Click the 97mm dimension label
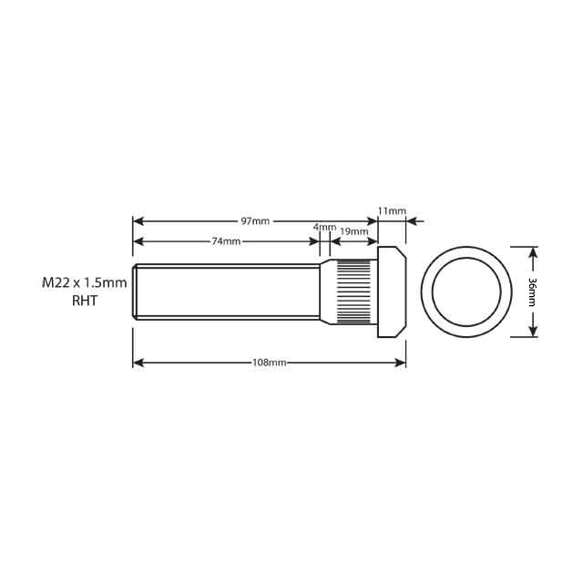pos(255,221)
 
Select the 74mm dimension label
pos(226,241)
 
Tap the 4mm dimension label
pos(324,227)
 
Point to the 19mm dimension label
pos(354,231)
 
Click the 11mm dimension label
pos(392,211)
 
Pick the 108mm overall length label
pos(270,363)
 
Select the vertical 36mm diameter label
pos(532,291)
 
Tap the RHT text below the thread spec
pos(84,301)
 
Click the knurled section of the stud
pos(356,291)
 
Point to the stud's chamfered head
pos(392,291)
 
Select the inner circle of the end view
pos(466,291)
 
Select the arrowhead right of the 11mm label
pos(411,221)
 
